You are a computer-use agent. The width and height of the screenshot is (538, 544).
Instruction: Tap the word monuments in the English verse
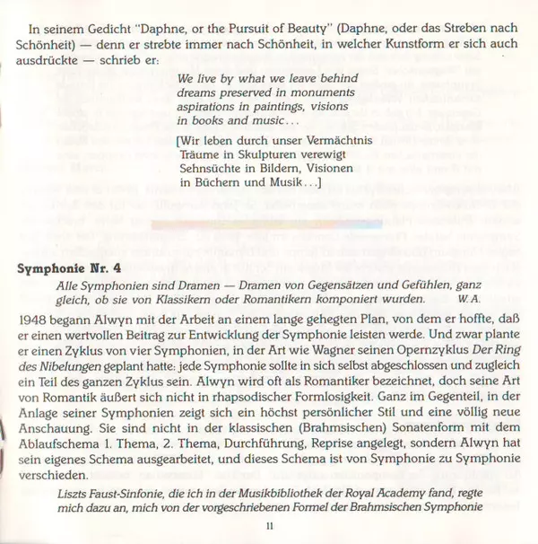329,82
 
